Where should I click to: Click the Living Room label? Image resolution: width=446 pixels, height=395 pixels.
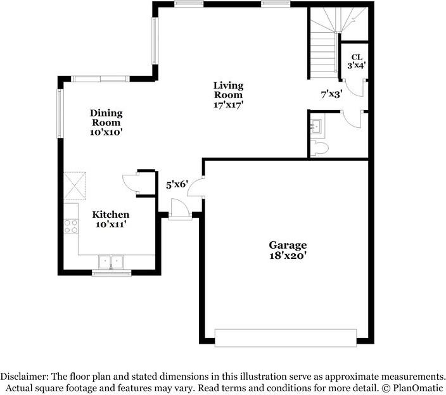(228, 90)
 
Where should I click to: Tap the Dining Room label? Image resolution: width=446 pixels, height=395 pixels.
(106, 118)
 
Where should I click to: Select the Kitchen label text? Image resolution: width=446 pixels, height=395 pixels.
(111, 215)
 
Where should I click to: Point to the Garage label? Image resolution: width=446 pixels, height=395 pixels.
(288, 245)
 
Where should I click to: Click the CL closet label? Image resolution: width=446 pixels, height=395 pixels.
(357, 56)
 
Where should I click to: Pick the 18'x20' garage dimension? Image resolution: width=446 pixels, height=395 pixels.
(288, 256)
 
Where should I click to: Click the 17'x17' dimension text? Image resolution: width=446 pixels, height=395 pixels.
(228, 105)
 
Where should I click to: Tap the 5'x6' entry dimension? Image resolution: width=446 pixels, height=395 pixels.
(177, 185)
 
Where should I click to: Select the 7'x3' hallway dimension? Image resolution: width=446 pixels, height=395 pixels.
(331, 94)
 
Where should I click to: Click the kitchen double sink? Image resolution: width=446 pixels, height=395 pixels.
(111, 262)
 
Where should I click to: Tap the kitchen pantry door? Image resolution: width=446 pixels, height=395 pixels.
(133, 182)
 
